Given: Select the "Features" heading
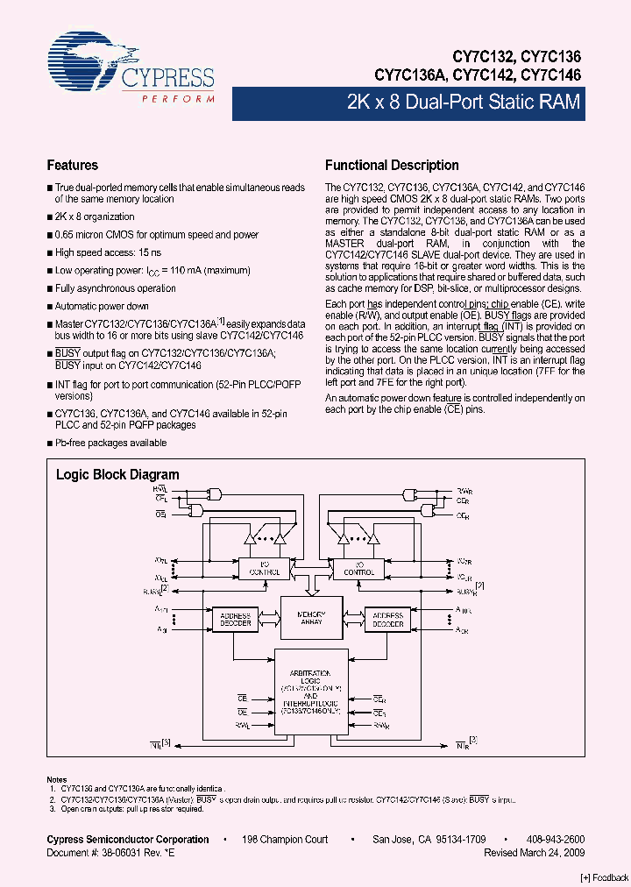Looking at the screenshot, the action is [x=72, y=166].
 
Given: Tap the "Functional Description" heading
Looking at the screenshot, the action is [x=391, y=166].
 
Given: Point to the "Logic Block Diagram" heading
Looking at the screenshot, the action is [x=117, y=475].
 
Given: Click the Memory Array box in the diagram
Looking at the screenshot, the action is [x=311, y=618].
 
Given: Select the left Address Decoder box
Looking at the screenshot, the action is [x=235, y=620].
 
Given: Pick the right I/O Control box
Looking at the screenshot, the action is [x=358, y=567].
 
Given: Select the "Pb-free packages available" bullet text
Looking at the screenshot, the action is [x=110, y=443].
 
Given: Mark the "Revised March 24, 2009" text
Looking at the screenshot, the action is [x=534, y=853].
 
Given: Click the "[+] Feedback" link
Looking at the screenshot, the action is [x=605, y=877].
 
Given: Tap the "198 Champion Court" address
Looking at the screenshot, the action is [x=286, y=840].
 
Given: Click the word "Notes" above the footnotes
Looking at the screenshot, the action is [x=56, y=779].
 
